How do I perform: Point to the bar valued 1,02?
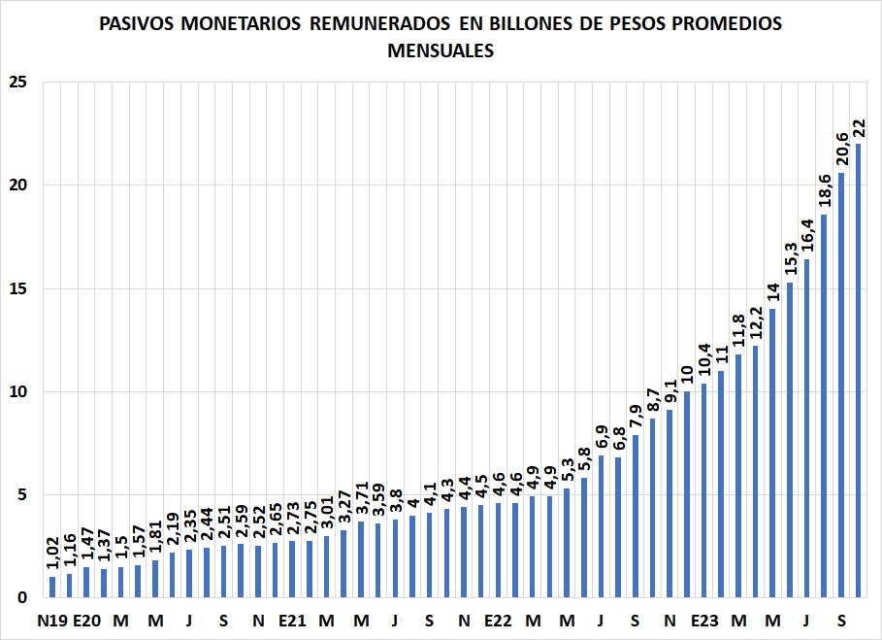click(52, 588)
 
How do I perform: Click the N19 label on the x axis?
click(52, 621)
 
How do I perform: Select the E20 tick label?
click(87, 621)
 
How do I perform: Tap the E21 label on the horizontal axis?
click(292, 621)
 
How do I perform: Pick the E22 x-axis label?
click(498, 621)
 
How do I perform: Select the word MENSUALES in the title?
click(441, 51)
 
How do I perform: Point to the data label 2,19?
click(172, 528)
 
